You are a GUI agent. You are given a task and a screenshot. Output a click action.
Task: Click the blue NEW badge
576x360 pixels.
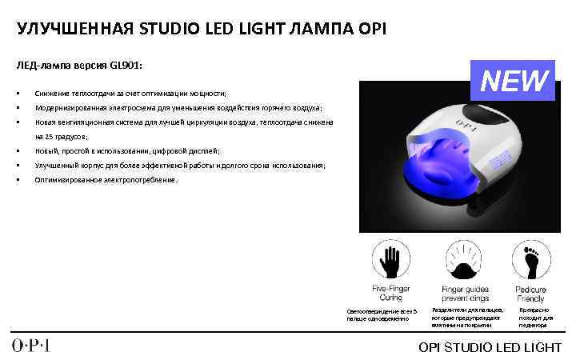coord(514,81)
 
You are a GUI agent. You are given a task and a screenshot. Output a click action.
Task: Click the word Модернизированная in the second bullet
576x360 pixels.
coord(77,108)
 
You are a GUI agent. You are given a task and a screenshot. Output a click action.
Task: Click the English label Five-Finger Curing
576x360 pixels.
coord(391,294)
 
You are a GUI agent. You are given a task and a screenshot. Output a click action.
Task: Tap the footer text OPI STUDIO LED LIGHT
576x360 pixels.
coord(490,346)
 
